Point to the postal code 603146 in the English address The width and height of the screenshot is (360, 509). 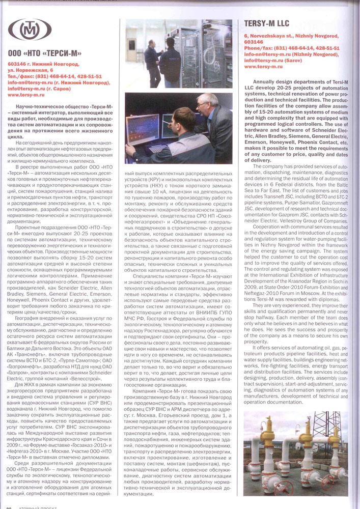(x=253, y=43)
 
